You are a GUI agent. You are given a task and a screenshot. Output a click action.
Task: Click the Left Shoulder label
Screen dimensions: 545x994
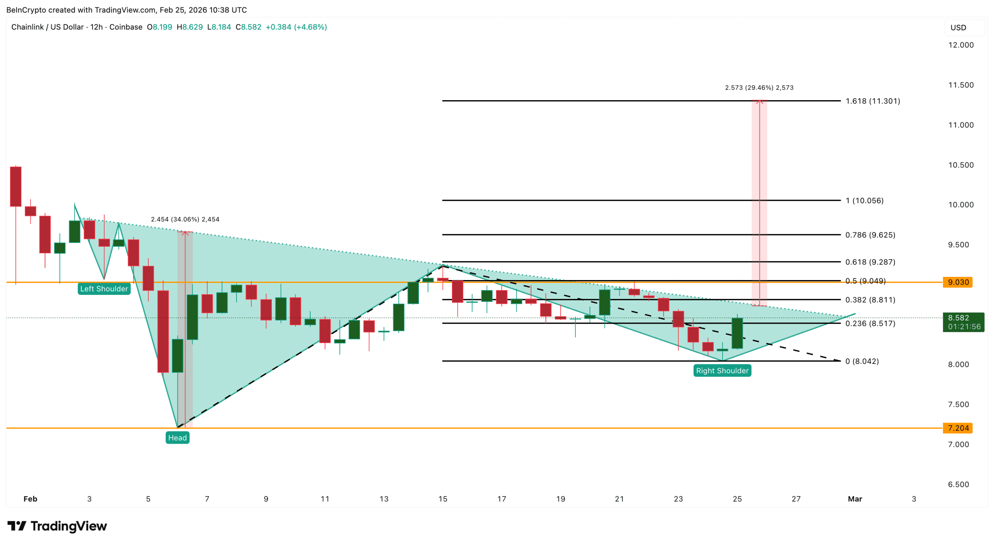(x=104, y=289)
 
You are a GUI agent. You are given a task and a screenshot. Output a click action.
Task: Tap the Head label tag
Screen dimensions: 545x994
(x=177, y=438)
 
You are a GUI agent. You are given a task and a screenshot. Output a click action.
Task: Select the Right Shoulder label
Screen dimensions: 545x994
(x=722, y=371)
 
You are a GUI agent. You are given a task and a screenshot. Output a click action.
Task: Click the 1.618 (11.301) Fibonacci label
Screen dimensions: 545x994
(x=872, y=101)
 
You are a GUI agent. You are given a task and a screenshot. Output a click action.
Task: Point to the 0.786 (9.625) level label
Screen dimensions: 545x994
(x=870, y=235)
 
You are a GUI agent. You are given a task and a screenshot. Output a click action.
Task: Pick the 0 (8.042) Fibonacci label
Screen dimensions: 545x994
(x=862, y=361)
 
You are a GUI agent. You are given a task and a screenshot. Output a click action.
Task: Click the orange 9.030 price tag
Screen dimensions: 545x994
(x=958, y=282)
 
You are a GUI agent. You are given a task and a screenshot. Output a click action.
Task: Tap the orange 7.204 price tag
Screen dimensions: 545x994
(x=958, y=428)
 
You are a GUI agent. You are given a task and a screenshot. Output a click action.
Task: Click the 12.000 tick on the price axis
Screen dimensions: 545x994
(x=961, y=45)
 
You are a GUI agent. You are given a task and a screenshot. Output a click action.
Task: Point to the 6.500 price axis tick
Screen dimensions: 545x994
(x=958, y=484)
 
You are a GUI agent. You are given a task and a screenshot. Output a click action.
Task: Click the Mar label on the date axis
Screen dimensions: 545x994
(x=855, y=499)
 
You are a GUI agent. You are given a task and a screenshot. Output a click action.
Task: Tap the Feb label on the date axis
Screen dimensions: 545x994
(x=30, y=499)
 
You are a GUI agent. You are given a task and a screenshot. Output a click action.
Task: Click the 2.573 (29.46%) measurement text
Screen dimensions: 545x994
(x=759, y=88)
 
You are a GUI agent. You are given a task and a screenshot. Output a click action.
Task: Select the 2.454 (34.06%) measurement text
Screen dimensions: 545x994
(x=185, y=219)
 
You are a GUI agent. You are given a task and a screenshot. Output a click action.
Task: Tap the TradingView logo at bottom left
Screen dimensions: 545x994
(x=57, y=526)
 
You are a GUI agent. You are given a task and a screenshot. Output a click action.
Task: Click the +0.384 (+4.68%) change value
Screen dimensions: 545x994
(x=296, y=27)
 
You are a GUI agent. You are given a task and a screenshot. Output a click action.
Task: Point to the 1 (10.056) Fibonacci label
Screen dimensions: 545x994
(x=864, y=200)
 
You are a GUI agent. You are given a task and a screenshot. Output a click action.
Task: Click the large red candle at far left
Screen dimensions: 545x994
(x=16, y=186)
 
